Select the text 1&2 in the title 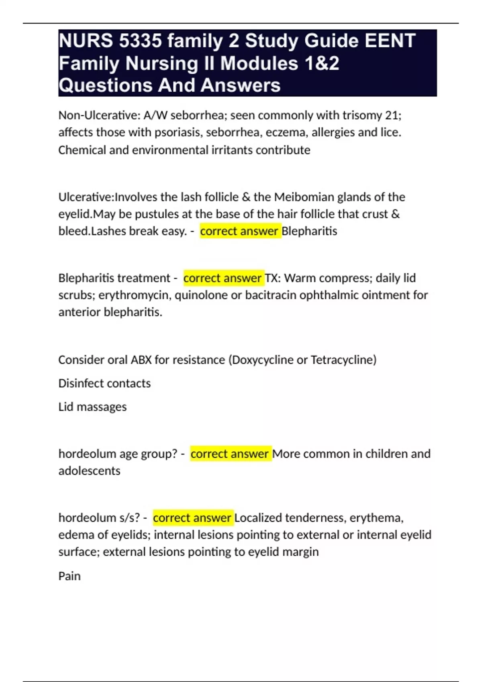tap(321, 63)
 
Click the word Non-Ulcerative tap(98, 116)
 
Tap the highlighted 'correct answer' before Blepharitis tap(239, 231)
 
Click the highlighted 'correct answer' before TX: tap(223, 278)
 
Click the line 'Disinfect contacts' tap(104, 384)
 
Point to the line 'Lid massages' tap(92, 407)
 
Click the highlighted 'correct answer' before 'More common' tap(230, 454)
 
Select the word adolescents tap(89, 471)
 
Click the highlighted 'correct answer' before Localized tap(192, 518)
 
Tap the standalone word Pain tap(69, 576)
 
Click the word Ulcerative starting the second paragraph tap(85, 197)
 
